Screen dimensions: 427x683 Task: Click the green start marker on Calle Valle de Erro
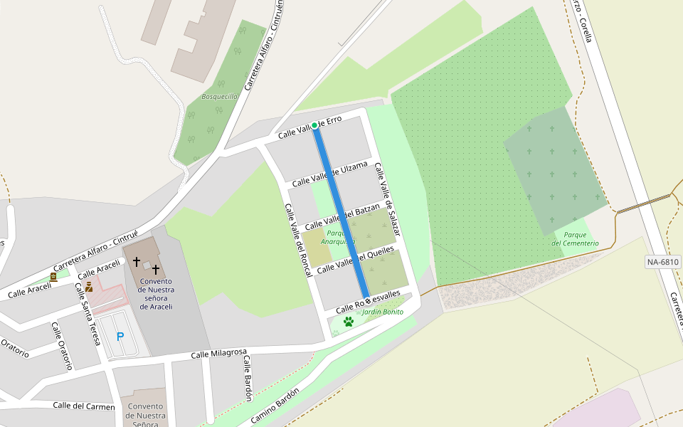[x=314, y=125]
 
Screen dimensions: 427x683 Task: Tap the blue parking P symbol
[x=120, y=337]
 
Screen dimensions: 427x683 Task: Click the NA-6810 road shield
[x=663, y=262]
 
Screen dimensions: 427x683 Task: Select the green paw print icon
[x=349, y=322]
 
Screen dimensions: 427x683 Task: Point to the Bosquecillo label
[x=219, y=96]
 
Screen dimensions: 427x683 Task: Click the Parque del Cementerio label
[x=575, y=238]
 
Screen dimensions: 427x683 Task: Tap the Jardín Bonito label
[x=383, y=312]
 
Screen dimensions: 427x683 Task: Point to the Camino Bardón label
[x=275, y=406]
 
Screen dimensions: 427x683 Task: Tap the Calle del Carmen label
[x=83, y=406]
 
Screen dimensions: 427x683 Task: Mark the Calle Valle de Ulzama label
[x=329, y=174]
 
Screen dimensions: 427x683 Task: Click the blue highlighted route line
[x=341, y=213]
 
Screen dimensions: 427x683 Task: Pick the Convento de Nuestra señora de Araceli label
[x=157, y=293]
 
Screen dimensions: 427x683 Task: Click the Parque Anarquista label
[x=337, y=237]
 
